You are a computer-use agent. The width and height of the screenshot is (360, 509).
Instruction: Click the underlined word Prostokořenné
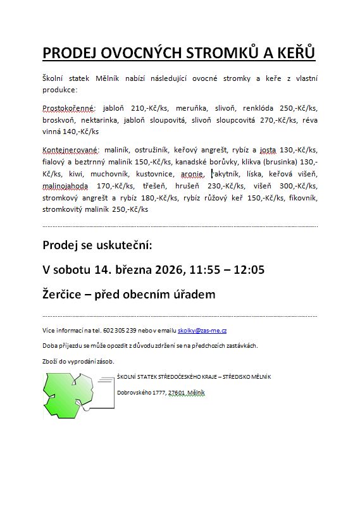click(66, 109)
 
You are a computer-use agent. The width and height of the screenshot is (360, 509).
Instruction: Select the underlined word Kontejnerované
click(69, 150)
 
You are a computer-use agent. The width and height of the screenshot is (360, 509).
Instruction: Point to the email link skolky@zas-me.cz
click(202, 331)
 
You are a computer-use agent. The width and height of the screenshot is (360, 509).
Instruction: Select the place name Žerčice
click(62, 294)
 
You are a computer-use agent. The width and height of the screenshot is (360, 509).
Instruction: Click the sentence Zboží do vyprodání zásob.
click(78, 361)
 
